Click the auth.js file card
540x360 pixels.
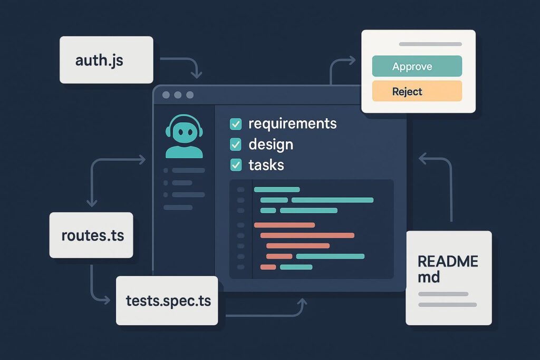(x=106, y=60)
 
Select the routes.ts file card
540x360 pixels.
(x=91, y=235)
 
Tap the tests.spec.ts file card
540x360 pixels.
(x=167, y=300)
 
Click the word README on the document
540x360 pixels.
(x=448, y=261)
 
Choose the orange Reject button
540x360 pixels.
(x=417, y=91)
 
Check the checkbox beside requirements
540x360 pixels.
(x=236, y=124)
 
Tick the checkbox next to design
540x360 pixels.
(x=236, y=144)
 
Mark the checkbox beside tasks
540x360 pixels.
(x=236, y=165)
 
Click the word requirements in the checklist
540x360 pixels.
(x=292, y=124)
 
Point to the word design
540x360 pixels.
(x=271, y=144)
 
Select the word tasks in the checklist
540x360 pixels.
(x=266, y=165)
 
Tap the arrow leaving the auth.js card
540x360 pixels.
(x=182, y=61)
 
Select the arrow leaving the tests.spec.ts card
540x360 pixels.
(x=264, y=315)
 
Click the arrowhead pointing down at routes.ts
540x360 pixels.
(x=92, y=203)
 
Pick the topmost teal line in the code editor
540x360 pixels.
(x=277, y=189)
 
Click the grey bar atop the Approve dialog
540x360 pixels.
(x=430, y=44)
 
